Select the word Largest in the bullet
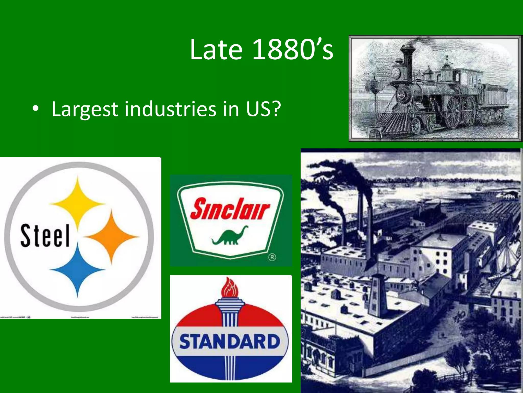click(x=85, y=110)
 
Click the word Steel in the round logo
click(x=45, y=236)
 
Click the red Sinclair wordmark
click(x=230, y=209)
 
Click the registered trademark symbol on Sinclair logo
click(x=272, y=257)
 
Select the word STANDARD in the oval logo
click(x=230, y=342)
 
